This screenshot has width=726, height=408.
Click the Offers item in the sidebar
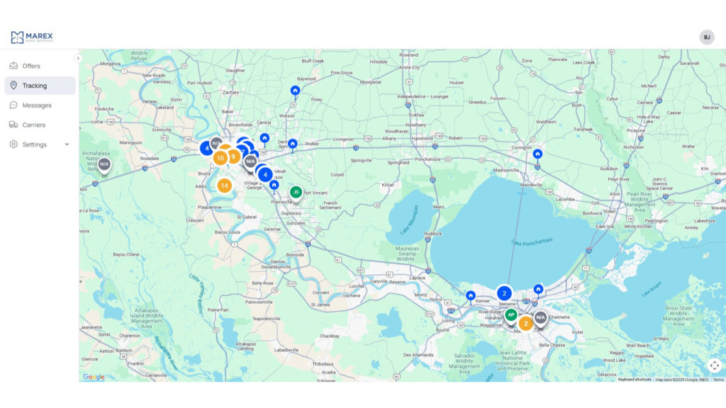pyautogui.click(x=31, y=66)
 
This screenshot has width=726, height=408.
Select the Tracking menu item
pyautogui.click(x=34, y=86)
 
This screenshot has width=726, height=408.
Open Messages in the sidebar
pyautogui.click(x=37, y=106)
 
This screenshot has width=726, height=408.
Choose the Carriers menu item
pyautogui.click(x=33, y=125)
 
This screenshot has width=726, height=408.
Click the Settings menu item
pyautogui.click(x=34, y=144)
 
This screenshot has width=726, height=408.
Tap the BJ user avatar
pyautogui.click(x=707, y=38)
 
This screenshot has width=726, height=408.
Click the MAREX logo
pyautogui.click(x=32, y=37)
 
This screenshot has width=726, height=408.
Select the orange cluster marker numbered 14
pyautogui.click(x=224, y=186)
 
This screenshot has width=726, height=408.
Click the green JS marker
pyautogui.click(x=296, y=192)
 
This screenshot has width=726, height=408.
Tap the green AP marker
pyautogui.click(x=510, y=315)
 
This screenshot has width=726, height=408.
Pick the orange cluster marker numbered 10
pyautogui.click(x=220, y=158)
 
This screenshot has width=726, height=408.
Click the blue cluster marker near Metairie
pyautogui.click(x=504, y=293)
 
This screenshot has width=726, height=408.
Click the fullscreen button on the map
pyautogui.click(x=714, y=365)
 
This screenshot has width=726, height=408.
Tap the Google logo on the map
pyautogui.click(x=94, y=377)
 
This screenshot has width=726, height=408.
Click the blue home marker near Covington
pyautogui.click(x=537, y=154)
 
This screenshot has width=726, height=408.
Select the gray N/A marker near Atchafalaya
pyautogui.click(x=104, y=164)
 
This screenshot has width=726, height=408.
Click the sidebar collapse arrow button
pyautogui.click(x=78, y=58)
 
